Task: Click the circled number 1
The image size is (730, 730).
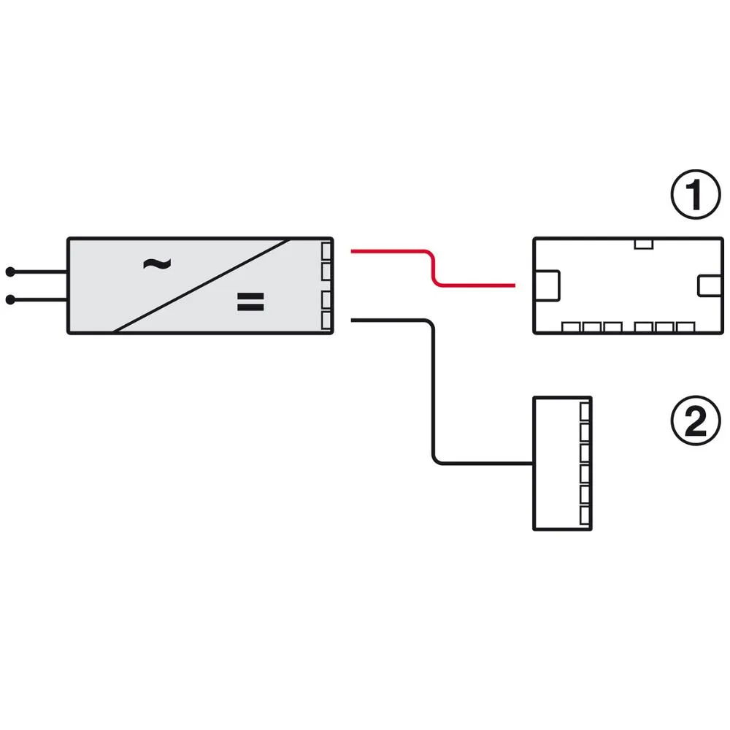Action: pos(696,194)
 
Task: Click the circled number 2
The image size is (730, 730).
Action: pos(696,420)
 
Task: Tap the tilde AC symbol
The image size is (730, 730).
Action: pos(157,264)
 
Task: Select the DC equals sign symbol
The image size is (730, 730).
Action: pos(250,301)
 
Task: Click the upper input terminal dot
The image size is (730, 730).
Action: pos(10,272)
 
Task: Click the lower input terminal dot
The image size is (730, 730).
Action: pos(10,300)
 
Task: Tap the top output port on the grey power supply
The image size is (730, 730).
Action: pos(326,251)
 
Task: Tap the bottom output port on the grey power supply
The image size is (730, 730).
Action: pos(326,320)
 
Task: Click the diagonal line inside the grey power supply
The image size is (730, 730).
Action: pos(201,285)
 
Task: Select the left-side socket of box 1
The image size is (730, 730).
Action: pos(547,285)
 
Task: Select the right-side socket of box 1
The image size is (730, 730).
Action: pos(710,285)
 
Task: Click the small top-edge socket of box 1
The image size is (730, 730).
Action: pos(643,244)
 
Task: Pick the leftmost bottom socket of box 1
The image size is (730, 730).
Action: pos(571,327)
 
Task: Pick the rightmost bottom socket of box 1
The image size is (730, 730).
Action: pos(685,327)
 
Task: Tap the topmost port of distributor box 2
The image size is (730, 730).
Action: pos(585,412)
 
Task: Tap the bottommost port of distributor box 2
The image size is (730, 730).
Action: pos(585,515)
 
